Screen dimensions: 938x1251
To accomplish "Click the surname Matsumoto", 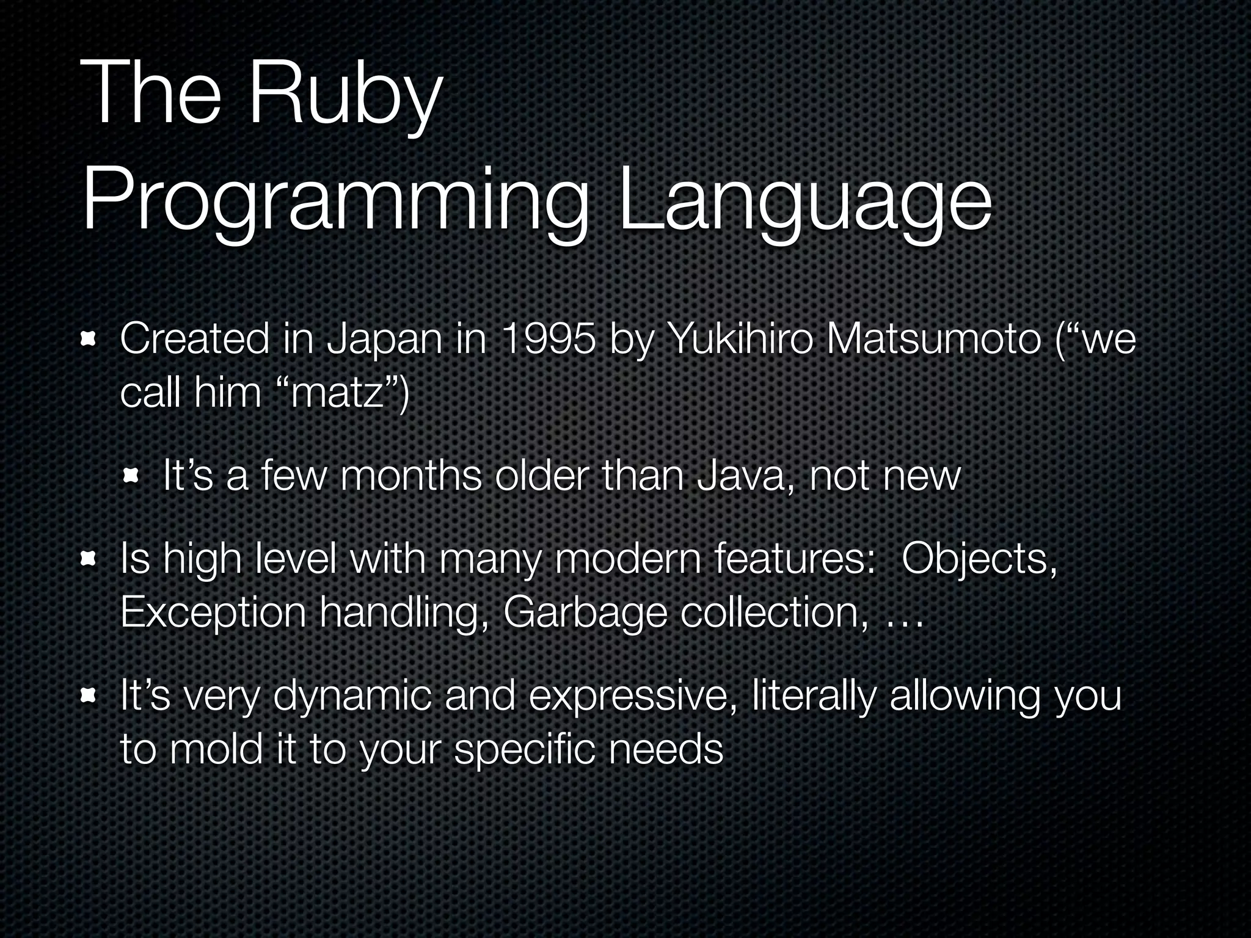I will (933, 340).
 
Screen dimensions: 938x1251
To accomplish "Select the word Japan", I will (384, 340).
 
